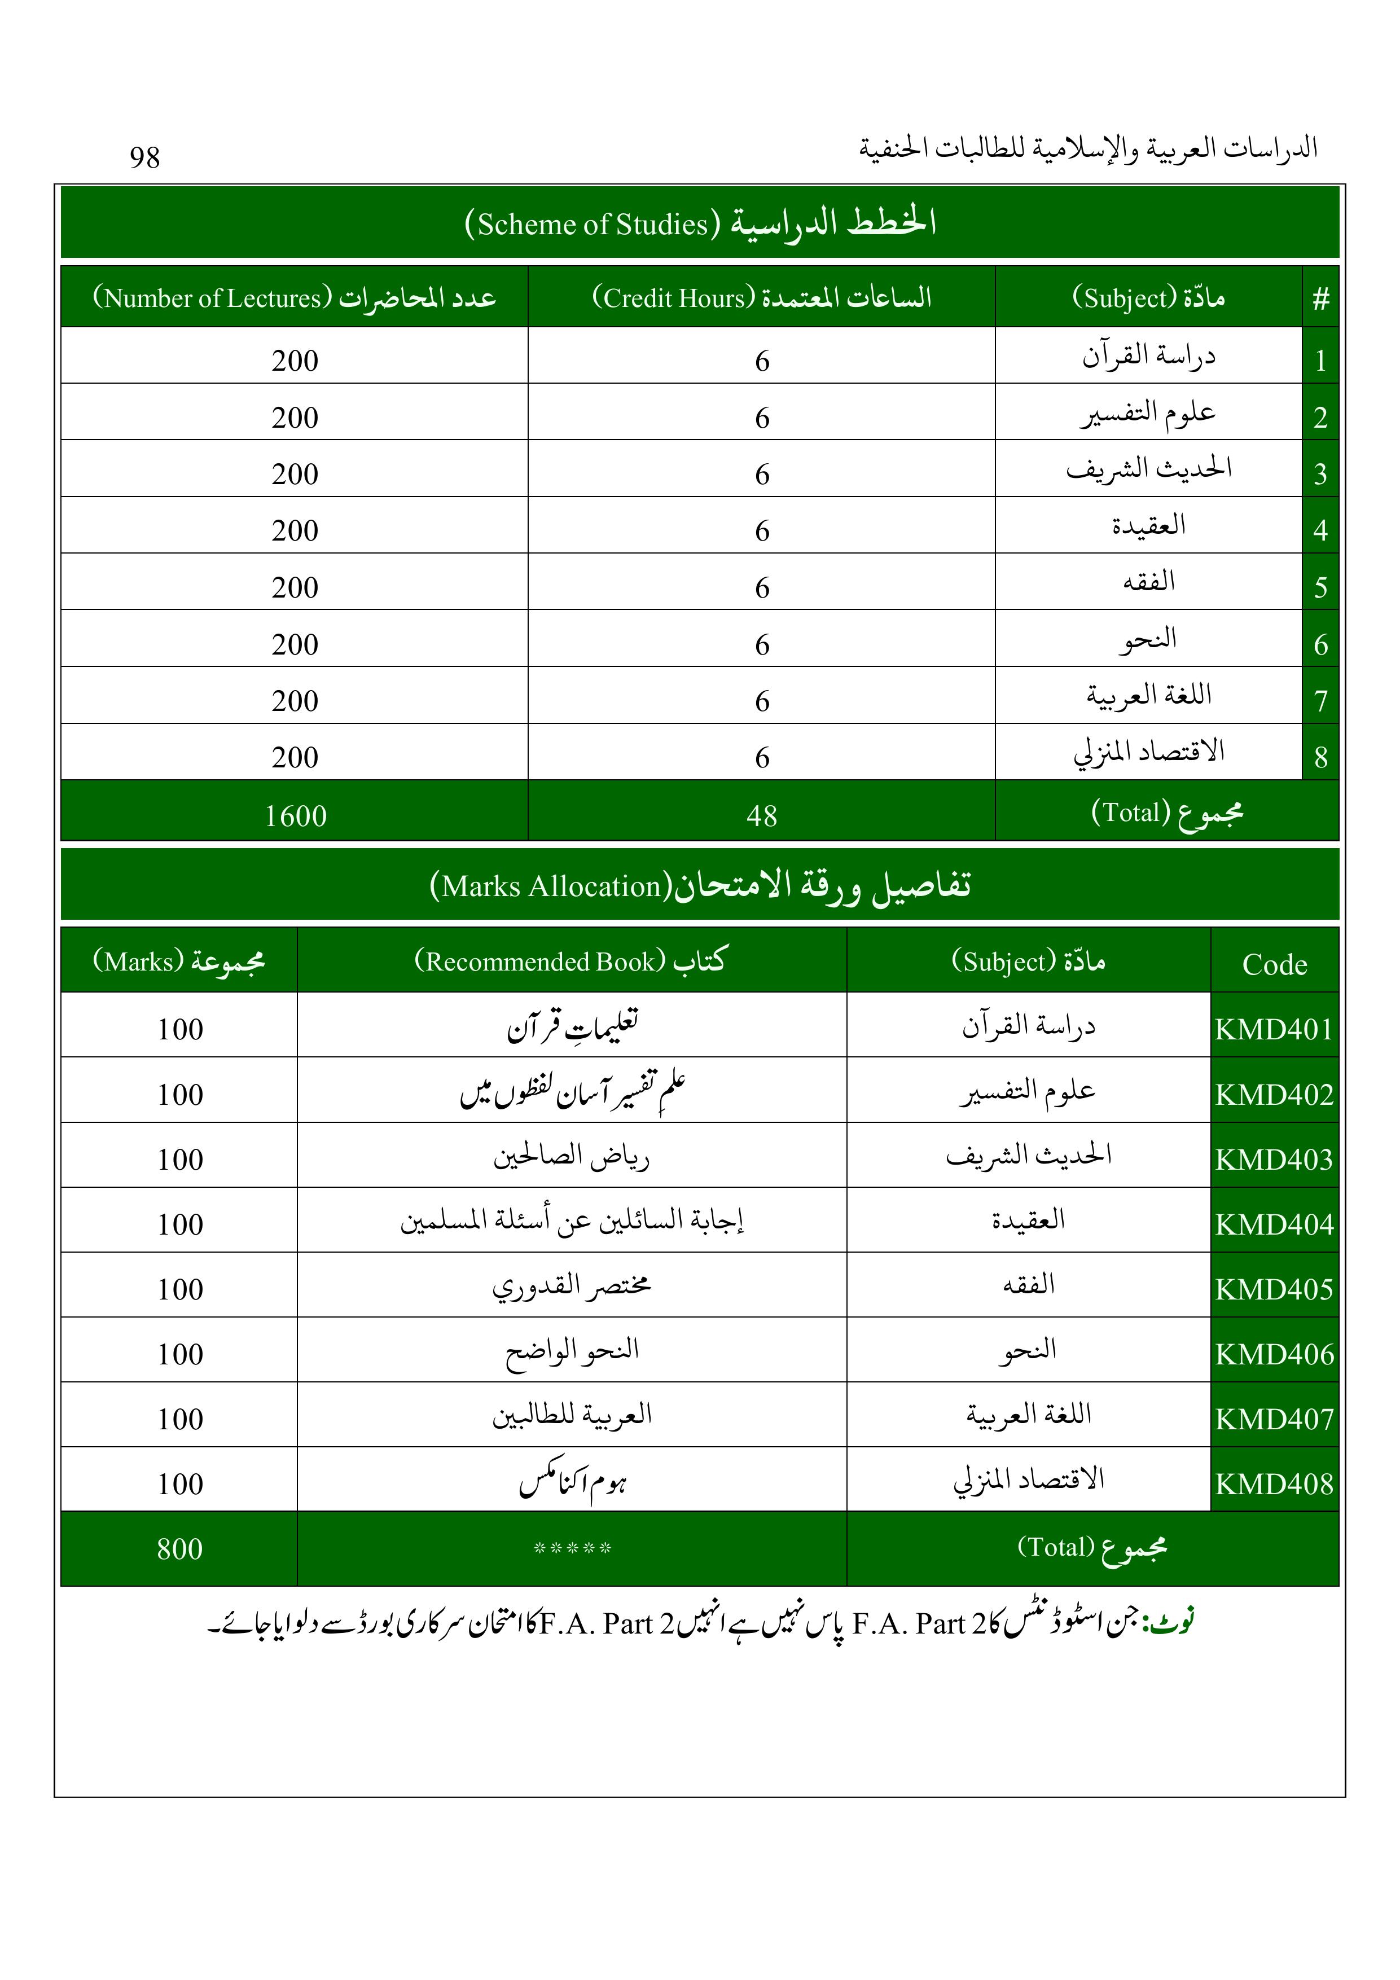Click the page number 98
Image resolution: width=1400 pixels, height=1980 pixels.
[x=145, y=157]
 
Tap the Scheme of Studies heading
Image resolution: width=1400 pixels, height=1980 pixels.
[x=700, y=222]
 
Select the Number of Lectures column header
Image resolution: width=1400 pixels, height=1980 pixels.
[x=294, y=297]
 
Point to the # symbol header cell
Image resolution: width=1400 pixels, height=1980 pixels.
[x=1320, y=299]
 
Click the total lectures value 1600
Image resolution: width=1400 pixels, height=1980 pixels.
[x=295, y=815]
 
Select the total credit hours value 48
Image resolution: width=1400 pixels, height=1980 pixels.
[x=762, y=815]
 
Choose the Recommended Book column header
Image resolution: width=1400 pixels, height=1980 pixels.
[x=571, y=961]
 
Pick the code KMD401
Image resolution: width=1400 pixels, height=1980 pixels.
[x=1274, y=1029]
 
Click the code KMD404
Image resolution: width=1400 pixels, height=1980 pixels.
[x=1274, y=1224]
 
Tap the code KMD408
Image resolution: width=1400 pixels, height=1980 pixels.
[x=1274, y=1483]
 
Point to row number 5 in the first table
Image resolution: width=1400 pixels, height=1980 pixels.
[x=1320, y=587]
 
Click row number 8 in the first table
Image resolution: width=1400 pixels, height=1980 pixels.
[x=1320, y=757]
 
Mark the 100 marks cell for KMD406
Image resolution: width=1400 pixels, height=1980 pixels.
[x=179, y=1354]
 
